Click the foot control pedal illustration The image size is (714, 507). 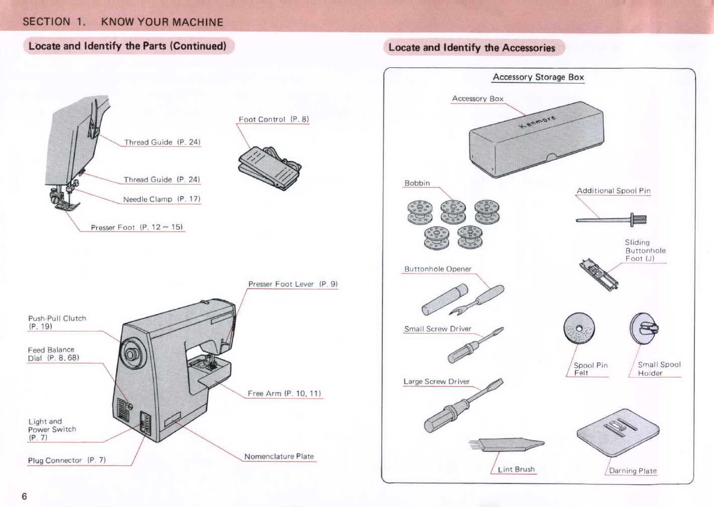click(x=270, y=168)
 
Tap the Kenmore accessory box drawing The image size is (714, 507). click(x=537, y=139)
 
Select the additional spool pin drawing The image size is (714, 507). click(x=611, y=219)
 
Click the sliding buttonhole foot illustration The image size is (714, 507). click(x=599, y=275)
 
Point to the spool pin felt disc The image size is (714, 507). click(x=579, y=328)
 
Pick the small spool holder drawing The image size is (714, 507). click(x=644, y=328)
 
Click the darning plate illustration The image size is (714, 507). click(x=618, y=433)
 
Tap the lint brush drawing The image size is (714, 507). click(x=506, y=445)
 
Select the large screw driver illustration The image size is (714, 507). click(x=464, y=405)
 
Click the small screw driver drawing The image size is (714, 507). click(x=475, y=345)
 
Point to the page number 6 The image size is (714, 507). click(x=24, y=496)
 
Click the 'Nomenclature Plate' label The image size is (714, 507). click(x=279, y=456)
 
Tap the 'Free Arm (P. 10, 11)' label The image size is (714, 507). click(x=284, y=393)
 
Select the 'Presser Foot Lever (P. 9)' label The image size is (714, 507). click(x=293, y=284)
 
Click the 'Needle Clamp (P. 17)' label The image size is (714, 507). click(x=162, y=199)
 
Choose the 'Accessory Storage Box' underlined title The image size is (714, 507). click(x=538, y=77)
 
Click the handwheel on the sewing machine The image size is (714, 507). click(x=132, y=354)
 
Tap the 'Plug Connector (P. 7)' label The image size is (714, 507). click(x=67, y=460)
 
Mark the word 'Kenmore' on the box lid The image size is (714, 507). click(x=538, y=122)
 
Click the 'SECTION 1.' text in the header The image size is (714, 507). click(x=54, y=22)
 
